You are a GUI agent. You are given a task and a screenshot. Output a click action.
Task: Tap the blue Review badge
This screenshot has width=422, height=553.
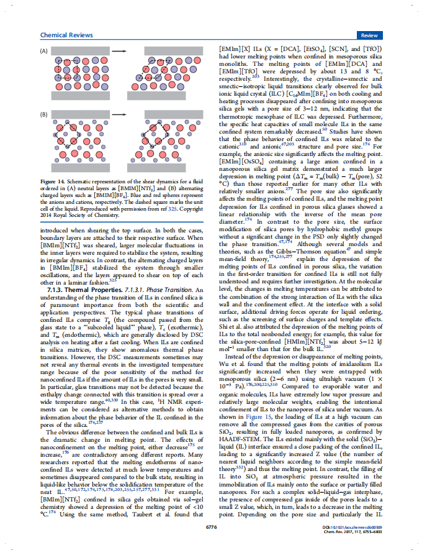point(370,35)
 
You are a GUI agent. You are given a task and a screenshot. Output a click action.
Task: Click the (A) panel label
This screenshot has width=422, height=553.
point(44,50)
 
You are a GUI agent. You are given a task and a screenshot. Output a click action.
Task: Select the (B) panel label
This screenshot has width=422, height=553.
point(44,115)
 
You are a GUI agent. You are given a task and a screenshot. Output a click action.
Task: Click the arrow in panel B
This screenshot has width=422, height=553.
point(119,115)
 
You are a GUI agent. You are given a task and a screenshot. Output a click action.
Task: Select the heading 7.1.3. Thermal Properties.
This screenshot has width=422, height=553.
point(82,291)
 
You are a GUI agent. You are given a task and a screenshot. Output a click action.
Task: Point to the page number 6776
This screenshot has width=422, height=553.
point(210,526)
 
